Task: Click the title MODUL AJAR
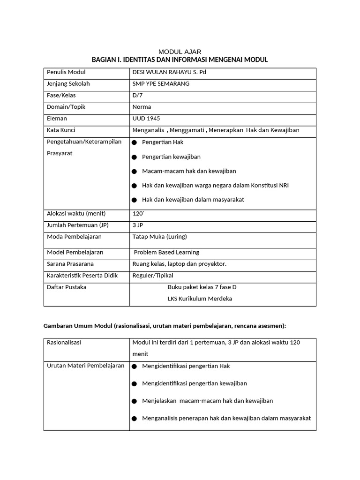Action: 180,52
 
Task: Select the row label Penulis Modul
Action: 66,72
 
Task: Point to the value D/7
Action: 137,95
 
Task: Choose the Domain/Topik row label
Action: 66,107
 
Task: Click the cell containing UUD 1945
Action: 146,119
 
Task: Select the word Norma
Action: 142,107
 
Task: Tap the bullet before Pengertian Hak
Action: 135,142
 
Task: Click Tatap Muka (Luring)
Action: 159,237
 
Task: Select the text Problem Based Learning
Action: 166,252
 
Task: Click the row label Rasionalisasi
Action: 64,343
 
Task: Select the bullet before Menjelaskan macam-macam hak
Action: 135,401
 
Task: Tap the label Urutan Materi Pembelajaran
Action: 86,366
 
